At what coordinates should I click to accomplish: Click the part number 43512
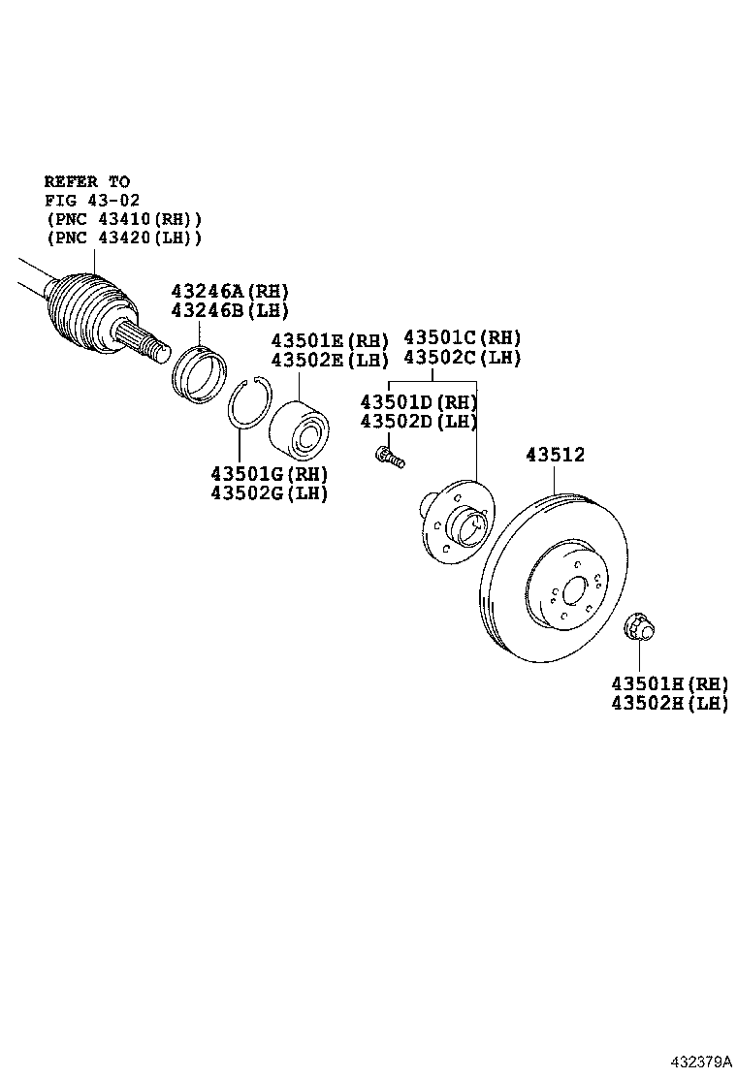[x=556, y=454]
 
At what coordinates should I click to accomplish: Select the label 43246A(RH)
[x=230, y=291]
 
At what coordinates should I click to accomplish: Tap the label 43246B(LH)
[x=230, y=310]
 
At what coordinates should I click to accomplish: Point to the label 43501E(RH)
[x=330, y=340]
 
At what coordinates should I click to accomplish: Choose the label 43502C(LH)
[x=463, y=357]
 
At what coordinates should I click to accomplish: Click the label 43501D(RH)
[x=419, y=401]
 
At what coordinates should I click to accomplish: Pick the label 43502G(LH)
[x=270, y=492]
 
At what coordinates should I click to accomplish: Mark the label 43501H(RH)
[x=669, y=684]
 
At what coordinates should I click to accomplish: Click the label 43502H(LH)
[x=669, y=704]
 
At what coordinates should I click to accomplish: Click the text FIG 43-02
[x=92, y=200]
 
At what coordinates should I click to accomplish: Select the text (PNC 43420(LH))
[x=123, y=238]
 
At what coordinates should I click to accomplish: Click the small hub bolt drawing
[x=388, y=455]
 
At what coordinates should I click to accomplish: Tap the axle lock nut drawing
[x=639, y=627]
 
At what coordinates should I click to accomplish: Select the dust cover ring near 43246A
[x=200, y=373]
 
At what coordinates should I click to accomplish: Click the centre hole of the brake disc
[x=573, y=590]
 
